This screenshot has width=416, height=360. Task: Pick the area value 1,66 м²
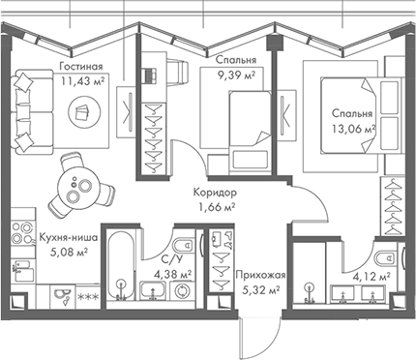(217, 207)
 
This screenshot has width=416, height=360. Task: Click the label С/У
(173, 257)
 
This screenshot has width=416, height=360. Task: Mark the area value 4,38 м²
(173, 274)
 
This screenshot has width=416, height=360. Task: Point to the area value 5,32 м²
(259, 289)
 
